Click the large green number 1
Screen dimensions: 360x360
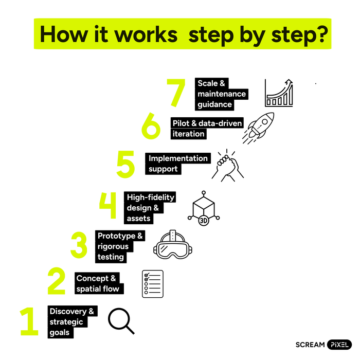coord(30,321)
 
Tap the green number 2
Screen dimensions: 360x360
coord(57,281)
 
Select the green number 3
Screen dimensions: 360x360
coord(79,244)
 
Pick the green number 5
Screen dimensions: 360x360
coord(125,165)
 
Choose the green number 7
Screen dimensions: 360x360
coord(176,92)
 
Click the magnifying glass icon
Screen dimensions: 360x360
coord(121,321)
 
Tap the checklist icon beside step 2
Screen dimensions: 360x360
coord(152,283)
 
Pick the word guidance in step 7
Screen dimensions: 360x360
coord(215,104)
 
